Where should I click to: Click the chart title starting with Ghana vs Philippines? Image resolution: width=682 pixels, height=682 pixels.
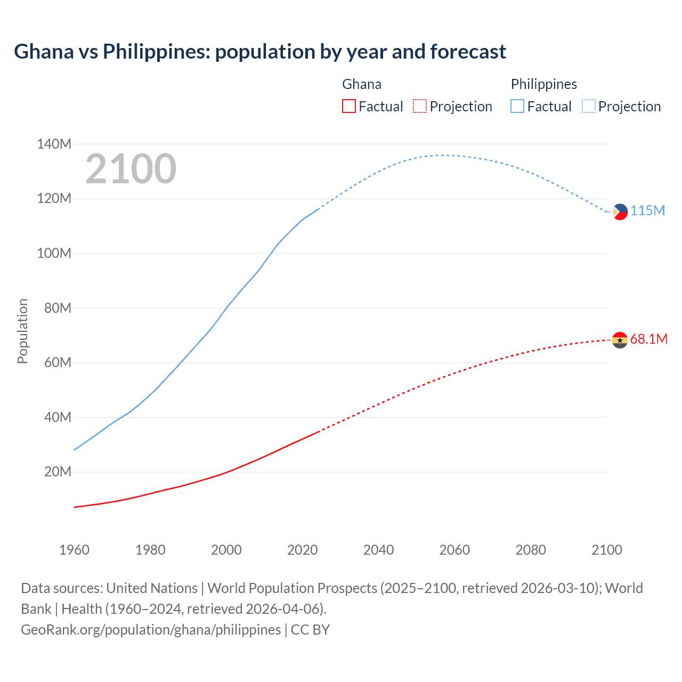[x=259, y=52]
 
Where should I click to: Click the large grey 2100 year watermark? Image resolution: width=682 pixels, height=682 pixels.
[x=131, y=169]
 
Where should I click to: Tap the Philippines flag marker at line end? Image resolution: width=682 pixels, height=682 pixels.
[x=620, y=212]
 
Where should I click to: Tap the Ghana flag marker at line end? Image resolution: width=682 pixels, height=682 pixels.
[x=620, y=339]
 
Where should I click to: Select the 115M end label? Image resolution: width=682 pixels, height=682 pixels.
[x=648, y=210]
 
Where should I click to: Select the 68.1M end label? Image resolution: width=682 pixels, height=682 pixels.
[x=648, y=339]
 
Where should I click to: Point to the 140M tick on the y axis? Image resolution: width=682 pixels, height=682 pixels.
[x=54, y=144]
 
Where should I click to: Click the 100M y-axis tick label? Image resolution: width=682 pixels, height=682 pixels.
[x=54, y=253]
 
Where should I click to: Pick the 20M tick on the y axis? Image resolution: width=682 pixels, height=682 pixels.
[x=58, y=472]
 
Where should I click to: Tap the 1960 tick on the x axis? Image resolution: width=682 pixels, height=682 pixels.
[x=74, y=550]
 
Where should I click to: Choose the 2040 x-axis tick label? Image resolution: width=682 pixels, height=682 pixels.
[x=378, y=550]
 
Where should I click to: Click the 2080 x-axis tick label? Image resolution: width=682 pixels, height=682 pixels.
[x=531, y=550]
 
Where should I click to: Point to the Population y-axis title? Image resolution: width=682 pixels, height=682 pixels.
[x=22, y=331]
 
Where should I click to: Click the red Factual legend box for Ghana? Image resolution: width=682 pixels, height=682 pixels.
[x=348, y=106]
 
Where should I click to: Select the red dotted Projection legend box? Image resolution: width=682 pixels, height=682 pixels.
[x=420, y=106]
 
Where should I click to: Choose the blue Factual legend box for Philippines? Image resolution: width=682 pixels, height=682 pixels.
[x=517, y=106]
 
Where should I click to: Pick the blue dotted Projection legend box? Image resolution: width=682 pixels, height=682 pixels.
[x=589, y=106]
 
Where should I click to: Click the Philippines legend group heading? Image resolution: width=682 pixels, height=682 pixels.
[x=543, y=84]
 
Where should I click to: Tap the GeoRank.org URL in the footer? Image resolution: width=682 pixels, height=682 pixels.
[x=151, y=629]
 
